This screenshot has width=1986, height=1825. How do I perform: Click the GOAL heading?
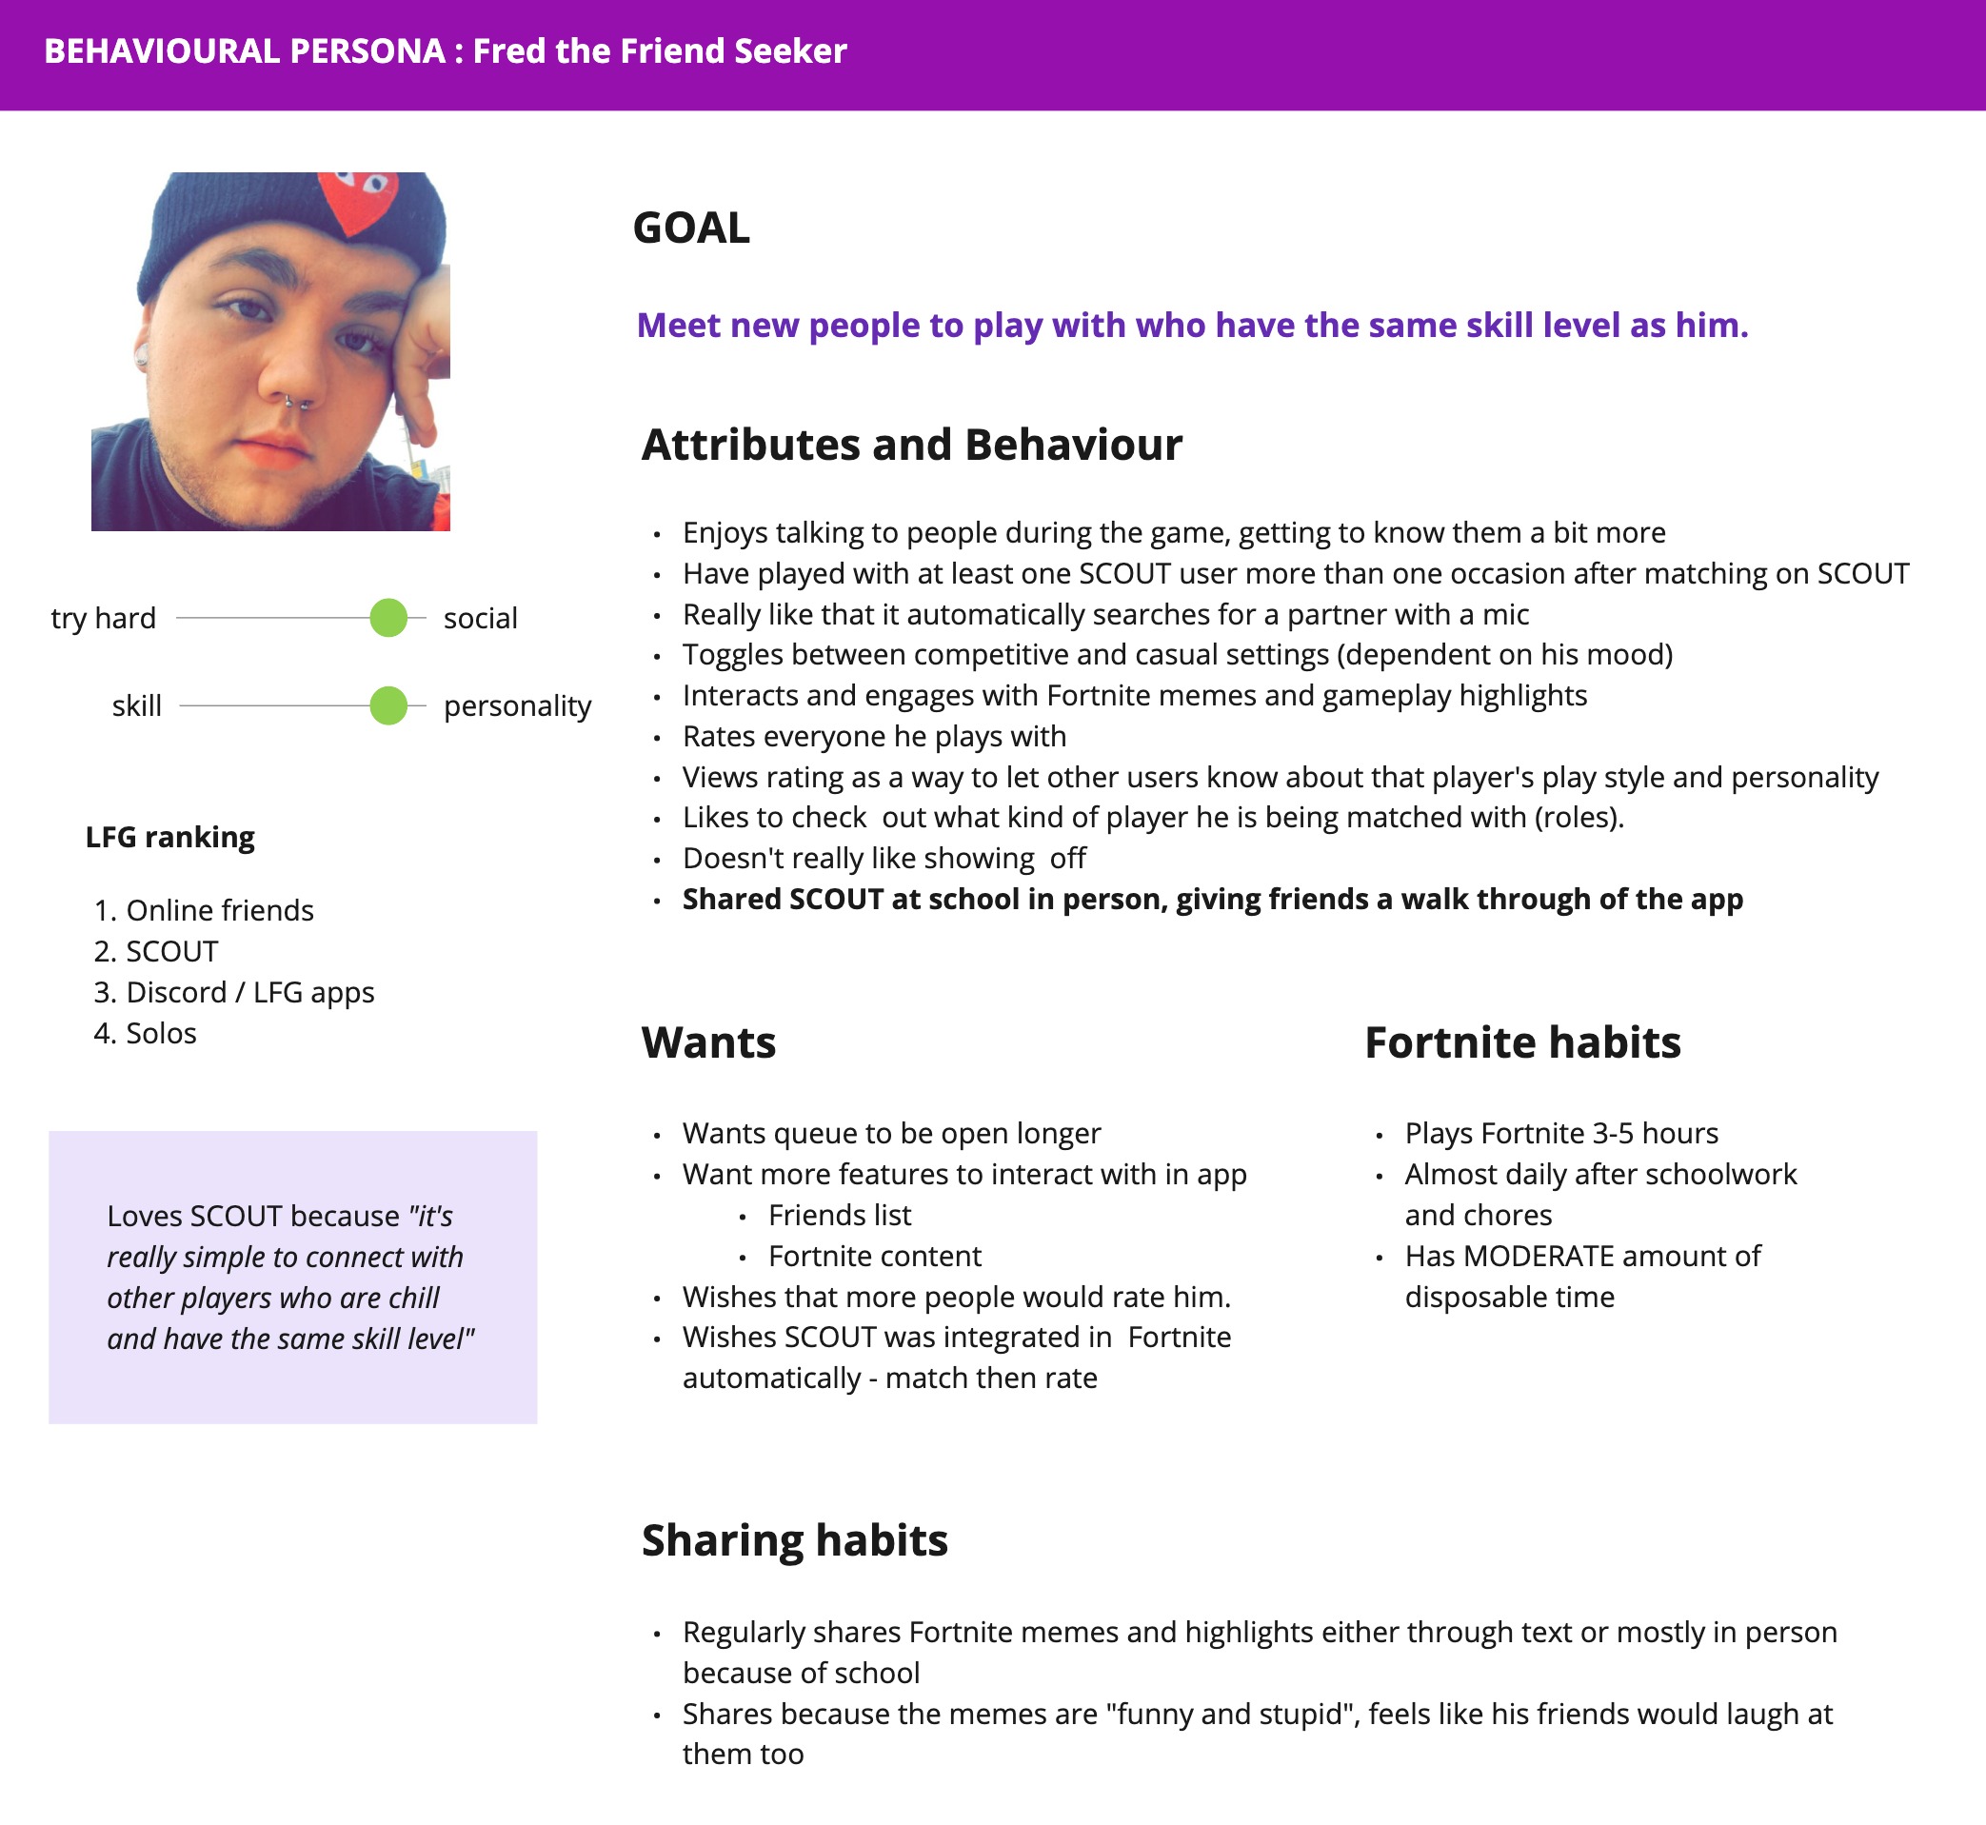coord(690,228)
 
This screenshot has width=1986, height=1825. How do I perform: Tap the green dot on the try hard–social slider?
coord(388,618)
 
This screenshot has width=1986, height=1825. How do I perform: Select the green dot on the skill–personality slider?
coord(388,706)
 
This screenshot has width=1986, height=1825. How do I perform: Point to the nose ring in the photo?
coord(297,403)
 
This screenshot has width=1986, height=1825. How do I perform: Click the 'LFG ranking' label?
coord(169,838)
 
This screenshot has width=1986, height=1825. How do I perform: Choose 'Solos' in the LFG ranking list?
coord(161,1033)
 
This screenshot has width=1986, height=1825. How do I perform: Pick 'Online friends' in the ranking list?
coord(219,910)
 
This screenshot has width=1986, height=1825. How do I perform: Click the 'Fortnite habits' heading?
coord(1521,1042)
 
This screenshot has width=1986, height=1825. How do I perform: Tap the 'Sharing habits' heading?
coord(794,1540)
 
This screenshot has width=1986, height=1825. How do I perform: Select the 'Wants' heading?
coord(708,1042)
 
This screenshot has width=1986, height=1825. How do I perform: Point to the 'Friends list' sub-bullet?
coord(840,1215)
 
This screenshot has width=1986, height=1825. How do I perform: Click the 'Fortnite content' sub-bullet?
coord(874,1256)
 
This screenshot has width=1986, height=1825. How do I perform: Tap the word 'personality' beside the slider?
coord(517,706)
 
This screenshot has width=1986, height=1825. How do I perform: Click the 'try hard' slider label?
coord(104,618)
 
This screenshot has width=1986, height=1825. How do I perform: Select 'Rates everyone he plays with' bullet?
coord(874,737)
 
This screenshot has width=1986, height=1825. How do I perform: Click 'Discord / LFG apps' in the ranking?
coord(249,993)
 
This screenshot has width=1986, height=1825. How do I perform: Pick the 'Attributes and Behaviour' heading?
coord(910,446)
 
